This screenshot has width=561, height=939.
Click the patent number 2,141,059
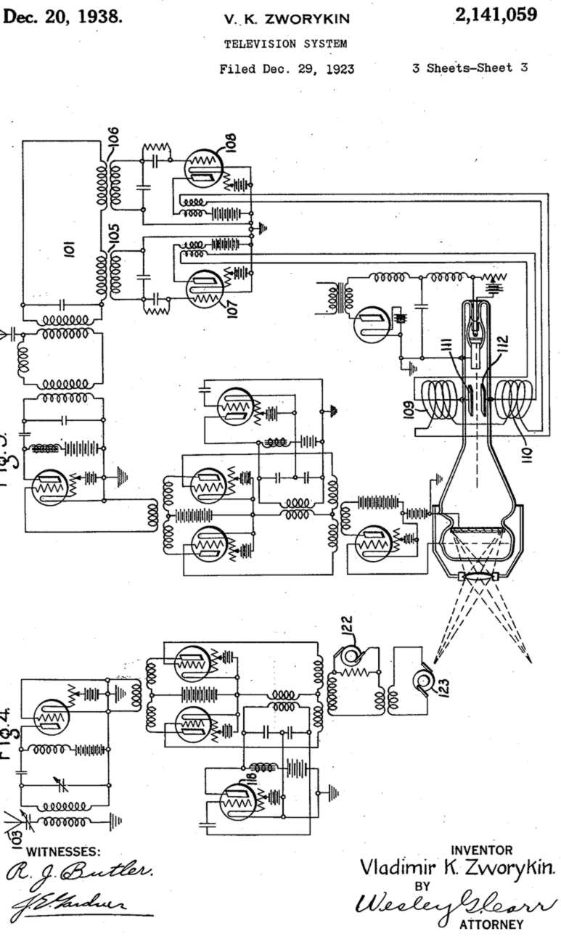coord(497,15)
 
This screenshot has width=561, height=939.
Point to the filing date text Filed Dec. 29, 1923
coord(287,70)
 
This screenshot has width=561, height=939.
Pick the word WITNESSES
coord(64,851)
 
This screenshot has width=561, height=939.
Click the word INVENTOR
coord(481,850)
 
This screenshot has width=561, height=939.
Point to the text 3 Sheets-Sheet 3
coord(469,69)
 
